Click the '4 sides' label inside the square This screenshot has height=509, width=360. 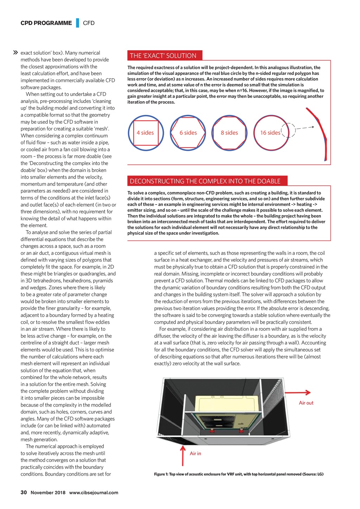(x=145, y=133)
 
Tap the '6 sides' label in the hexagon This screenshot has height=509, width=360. (x=188, y=133)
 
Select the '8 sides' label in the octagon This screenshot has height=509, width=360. (x=229, y=133)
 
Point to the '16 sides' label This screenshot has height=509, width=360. (x=270, y=133)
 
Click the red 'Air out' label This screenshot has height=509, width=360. (x=306, y=403)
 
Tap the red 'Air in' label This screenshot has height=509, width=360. (x=195, y=453)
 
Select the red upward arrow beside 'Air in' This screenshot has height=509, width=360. (x=182, y=456)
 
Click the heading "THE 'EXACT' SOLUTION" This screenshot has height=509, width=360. (x=163, y=56)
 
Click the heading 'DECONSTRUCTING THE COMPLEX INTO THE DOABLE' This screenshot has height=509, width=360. (x=205, y=181)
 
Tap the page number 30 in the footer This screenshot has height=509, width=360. (x=24, y=492)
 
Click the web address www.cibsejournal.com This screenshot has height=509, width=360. (x=94, y=492)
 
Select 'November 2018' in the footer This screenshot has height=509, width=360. (x=48, y=492)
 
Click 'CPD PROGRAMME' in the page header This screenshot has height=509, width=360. (x=46, y=23)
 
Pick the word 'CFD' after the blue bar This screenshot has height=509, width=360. (x=89, y=23)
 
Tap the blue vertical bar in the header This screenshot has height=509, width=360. (x=77, y=23)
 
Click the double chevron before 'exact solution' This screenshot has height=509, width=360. (x=15, y=53)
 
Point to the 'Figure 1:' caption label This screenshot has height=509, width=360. (x=161, y=474)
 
